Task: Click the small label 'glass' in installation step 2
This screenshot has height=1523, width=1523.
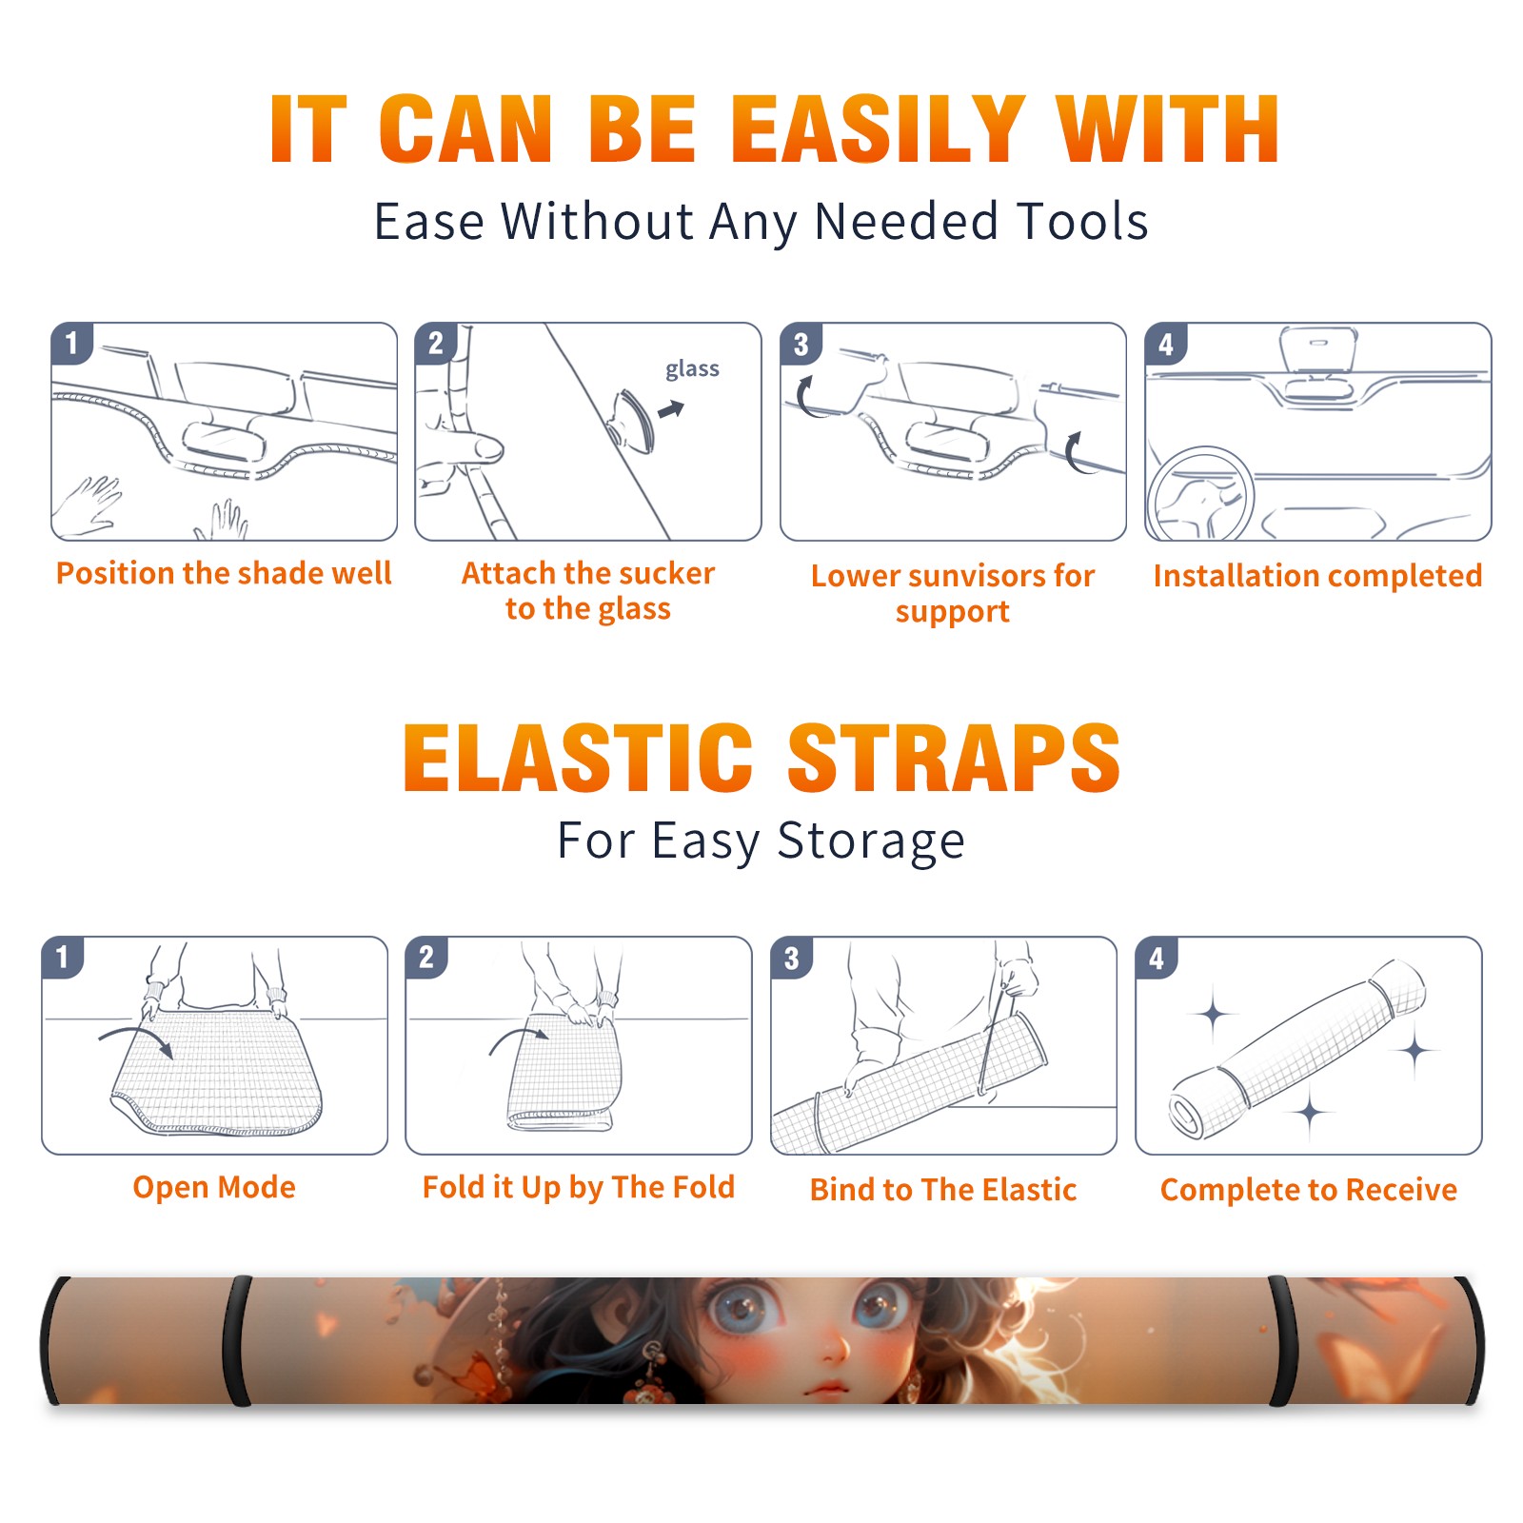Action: coord(692,369)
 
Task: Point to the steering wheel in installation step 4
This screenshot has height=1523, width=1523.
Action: coord(1199,495)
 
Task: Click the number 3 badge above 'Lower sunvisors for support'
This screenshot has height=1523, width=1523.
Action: coord(801,345)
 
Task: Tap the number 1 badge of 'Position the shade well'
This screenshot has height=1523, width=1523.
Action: coord(71,343)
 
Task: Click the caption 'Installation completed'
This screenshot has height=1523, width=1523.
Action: coord(1317,576)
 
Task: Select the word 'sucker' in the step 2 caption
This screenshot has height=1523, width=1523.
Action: coord(665,573)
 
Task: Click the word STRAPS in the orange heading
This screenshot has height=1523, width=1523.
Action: coord(954,758)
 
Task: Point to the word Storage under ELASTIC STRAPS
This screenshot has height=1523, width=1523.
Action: coord(871,841)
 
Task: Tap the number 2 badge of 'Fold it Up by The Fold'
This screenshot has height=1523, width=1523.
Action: coord(426,958)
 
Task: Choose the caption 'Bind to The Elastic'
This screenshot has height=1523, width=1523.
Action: coord(942,1190)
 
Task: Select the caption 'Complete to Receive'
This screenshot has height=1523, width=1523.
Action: coord(1309,1190)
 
